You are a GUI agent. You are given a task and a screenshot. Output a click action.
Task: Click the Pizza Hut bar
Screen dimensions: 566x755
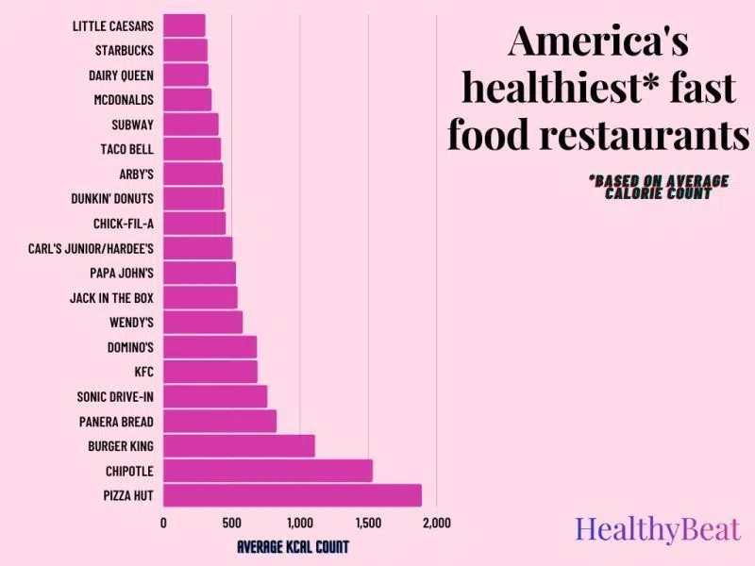pos(293,495)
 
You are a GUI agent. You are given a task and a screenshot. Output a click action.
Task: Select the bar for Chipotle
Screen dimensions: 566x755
pos(268,471)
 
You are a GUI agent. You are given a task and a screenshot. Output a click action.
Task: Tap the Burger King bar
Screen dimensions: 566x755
pos(239,445)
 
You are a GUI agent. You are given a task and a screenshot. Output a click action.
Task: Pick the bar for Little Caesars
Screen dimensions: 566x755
pos(184,25)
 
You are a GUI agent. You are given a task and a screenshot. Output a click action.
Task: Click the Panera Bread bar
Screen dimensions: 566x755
pos(220,421)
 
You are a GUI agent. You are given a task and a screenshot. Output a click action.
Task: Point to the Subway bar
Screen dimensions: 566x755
pos(191,125)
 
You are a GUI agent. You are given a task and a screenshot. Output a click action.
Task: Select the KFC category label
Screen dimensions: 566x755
pos(143,372)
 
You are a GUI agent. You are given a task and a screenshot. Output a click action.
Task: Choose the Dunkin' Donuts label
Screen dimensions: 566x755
pos(112,199)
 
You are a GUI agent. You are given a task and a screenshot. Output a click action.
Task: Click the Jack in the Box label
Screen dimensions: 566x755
pos(111,298)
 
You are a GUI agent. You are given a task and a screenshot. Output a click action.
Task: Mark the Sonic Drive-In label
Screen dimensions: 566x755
pos(115,396)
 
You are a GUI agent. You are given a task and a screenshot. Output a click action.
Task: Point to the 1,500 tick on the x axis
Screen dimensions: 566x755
pos(368,523)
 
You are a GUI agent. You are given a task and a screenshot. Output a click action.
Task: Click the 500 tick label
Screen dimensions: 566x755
pos(231,523)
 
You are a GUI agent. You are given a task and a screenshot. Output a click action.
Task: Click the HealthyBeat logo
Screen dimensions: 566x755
pos(658,529)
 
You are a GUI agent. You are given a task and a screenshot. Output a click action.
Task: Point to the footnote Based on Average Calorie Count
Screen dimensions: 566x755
pos(658,187)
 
